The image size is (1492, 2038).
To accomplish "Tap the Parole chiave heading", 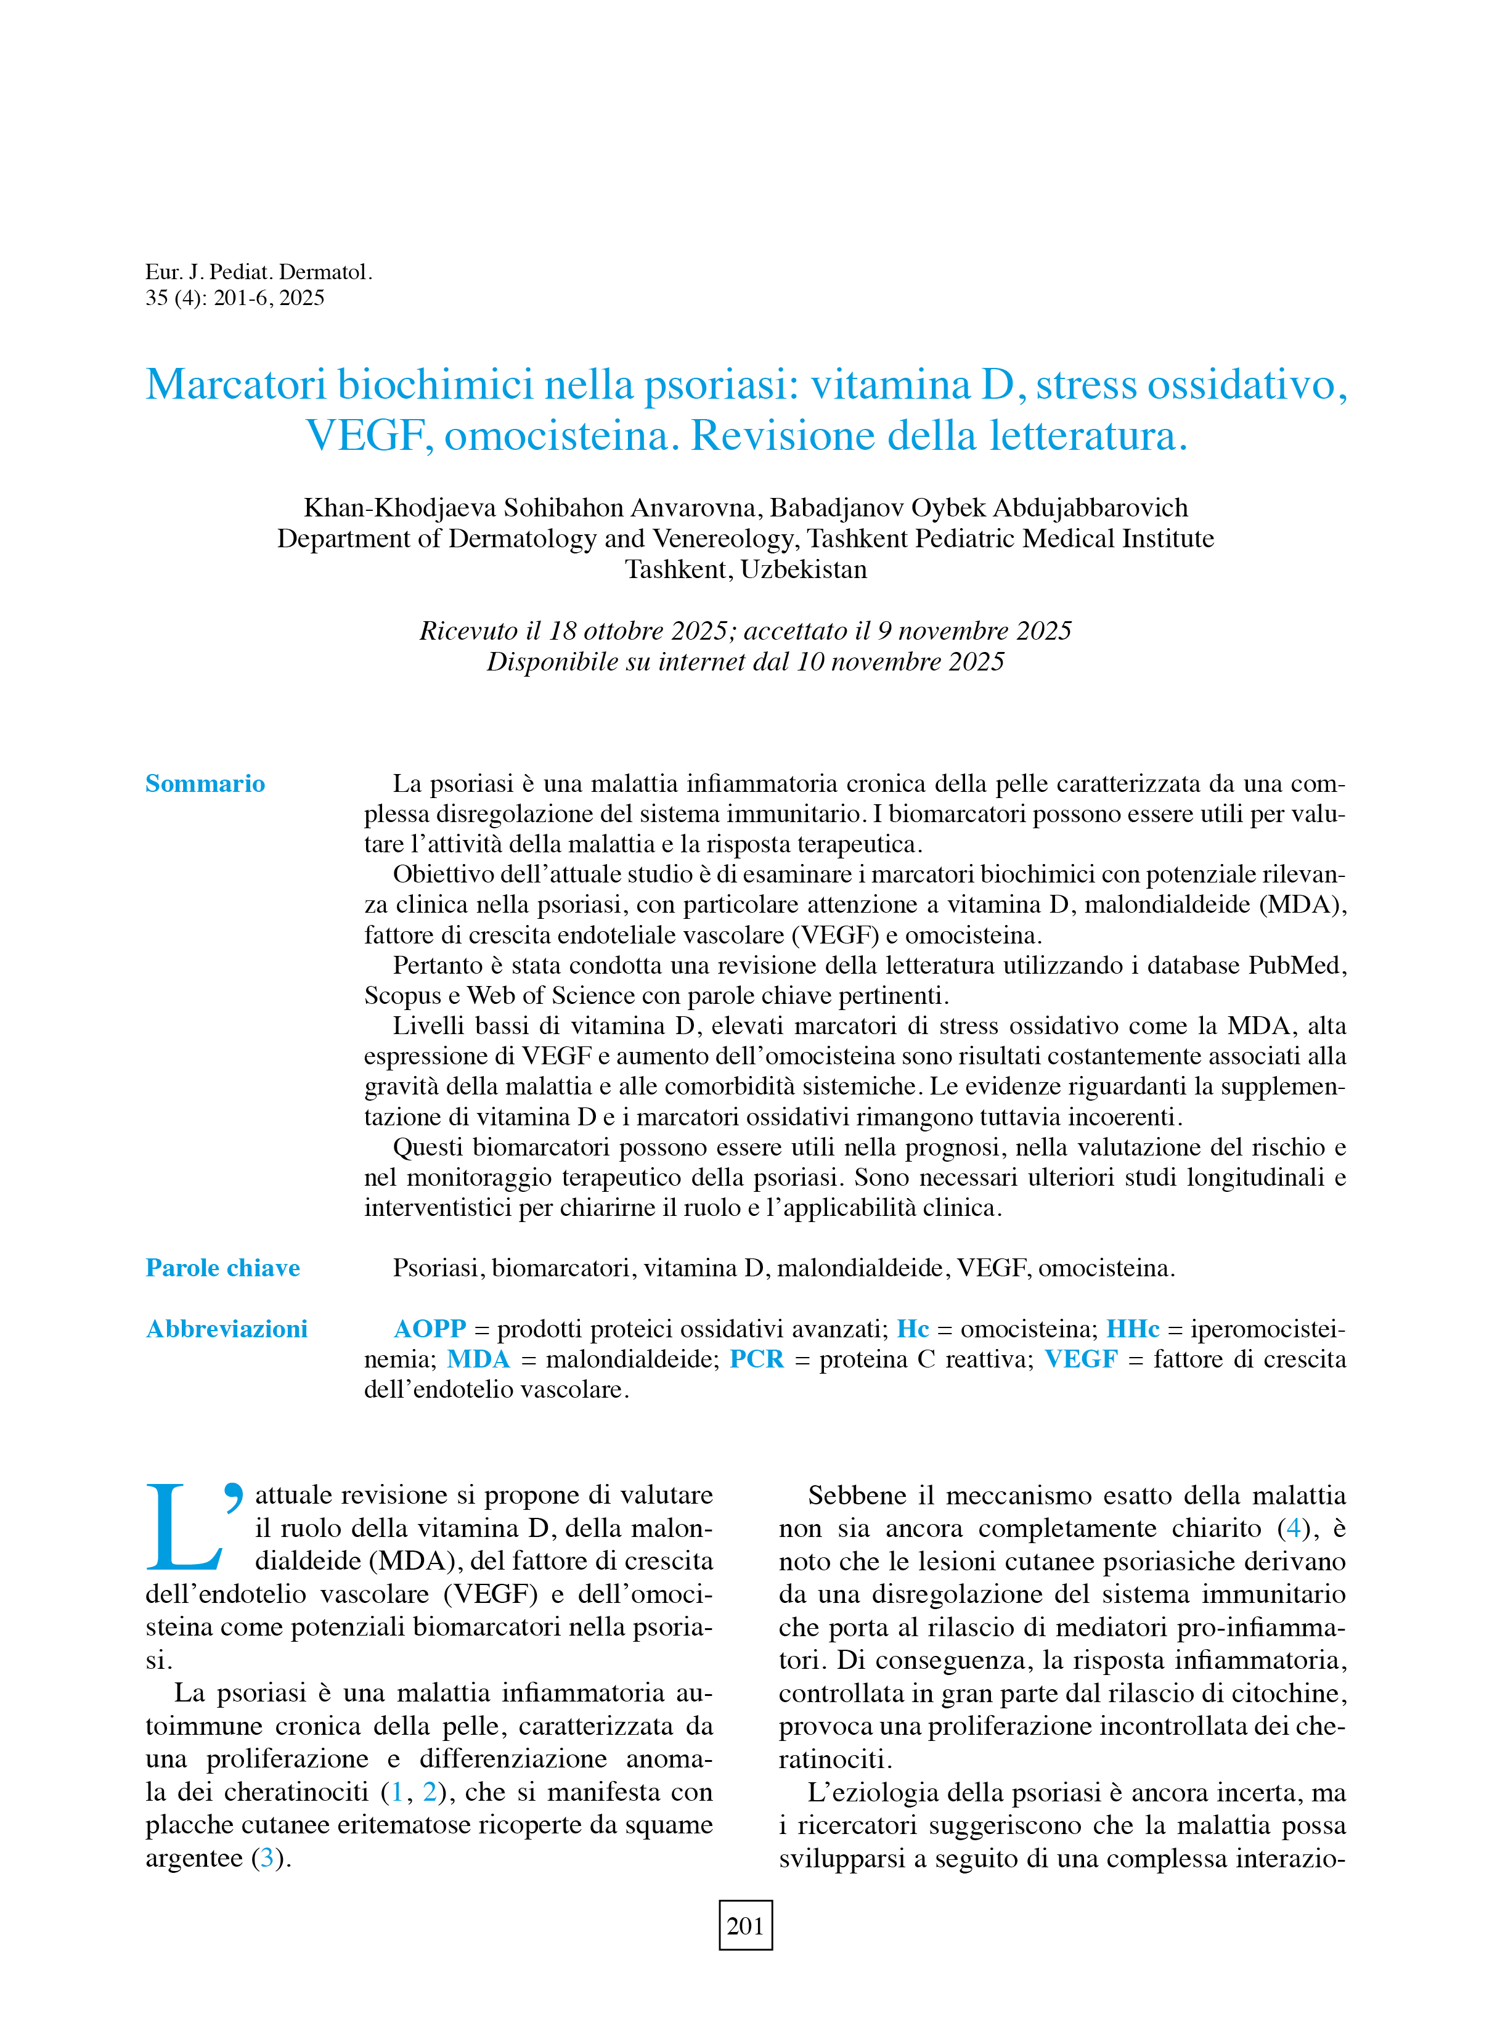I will point(222,1268).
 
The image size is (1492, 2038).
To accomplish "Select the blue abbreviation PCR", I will point(757,1359).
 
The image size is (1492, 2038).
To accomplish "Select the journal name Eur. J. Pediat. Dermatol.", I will point(258,272).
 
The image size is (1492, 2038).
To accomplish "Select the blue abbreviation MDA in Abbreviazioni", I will point(479,1359).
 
